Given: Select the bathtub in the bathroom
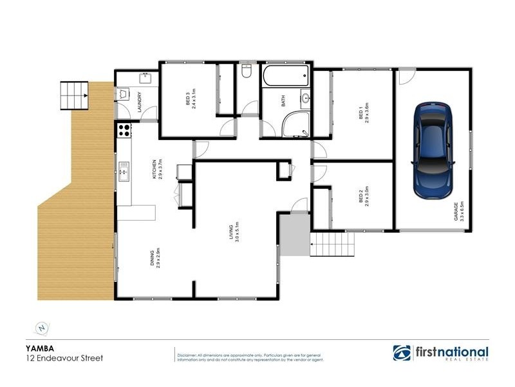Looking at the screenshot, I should tap(285, 77).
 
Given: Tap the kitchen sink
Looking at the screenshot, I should tap(123, 172).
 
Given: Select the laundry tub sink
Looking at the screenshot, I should tap(144, 78).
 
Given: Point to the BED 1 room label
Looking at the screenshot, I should tap(362, 114).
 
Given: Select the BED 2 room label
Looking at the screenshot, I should tap(362, 196).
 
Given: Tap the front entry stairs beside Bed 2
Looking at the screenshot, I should tap(333, 245).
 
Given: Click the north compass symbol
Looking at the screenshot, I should tap(42, 328).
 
